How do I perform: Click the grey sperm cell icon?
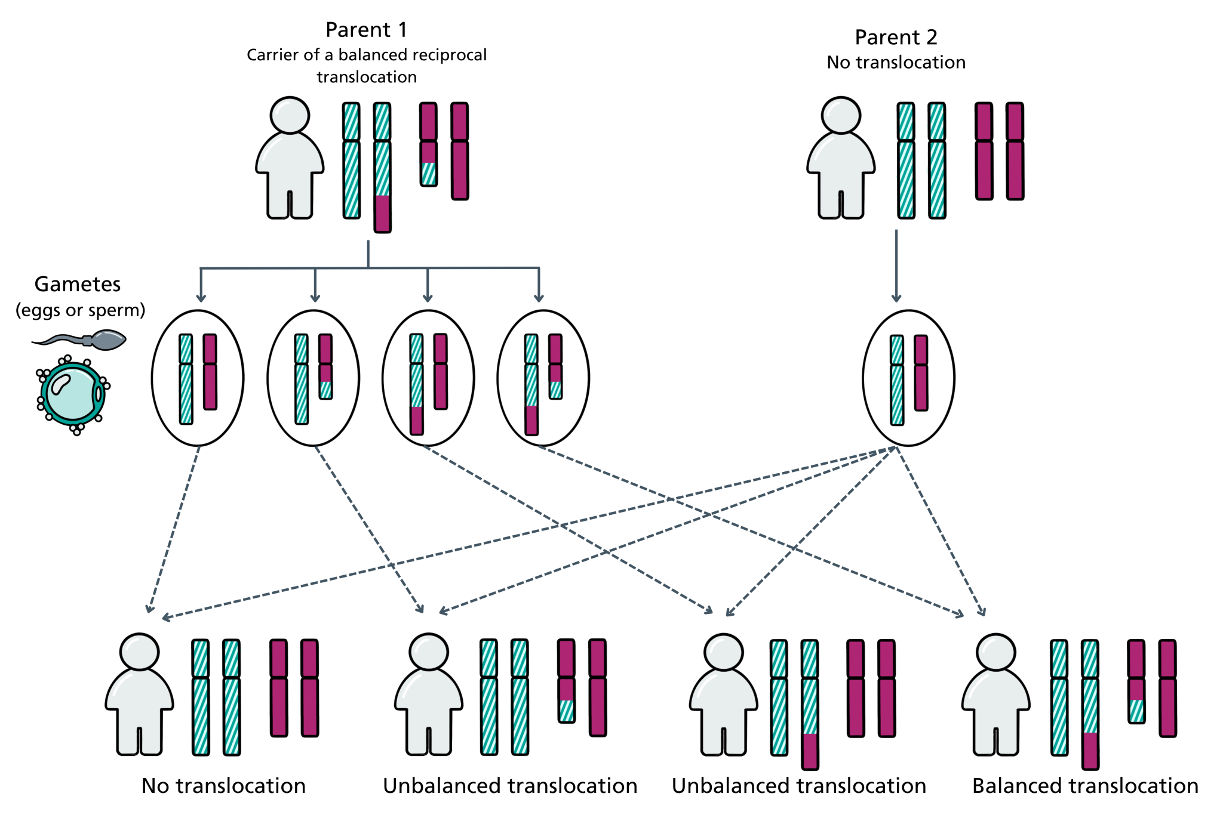(107, 340)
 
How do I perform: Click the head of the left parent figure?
(290, 116)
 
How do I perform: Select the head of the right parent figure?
(841, 116)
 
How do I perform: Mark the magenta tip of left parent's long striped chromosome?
(382, 213)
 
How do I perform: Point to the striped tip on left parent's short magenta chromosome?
(429, 174)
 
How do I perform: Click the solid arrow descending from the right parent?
(896, 266)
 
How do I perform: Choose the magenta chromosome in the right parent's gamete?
(921, 373)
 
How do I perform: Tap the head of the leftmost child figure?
(139, 652)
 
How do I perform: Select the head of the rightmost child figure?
(996, 653)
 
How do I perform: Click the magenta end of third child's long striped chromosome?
(810, 751)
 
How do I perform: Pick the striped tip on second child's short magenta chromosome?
(567, 711)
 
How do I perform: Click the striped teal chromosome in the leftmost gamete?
(186, 379)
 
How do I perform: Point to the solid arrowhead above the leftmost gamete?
(201, 297)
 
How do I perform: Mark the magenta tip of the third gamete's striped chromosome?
(416, 420)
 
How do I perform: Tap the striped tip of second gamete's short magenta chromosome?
(325, 390)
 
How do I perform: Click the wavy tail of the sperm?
(63, 340)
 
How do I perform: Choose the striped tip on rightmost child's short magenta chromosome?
(1136, 711)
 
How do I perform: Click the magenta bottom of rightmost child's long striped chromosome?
(1090, 750)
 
